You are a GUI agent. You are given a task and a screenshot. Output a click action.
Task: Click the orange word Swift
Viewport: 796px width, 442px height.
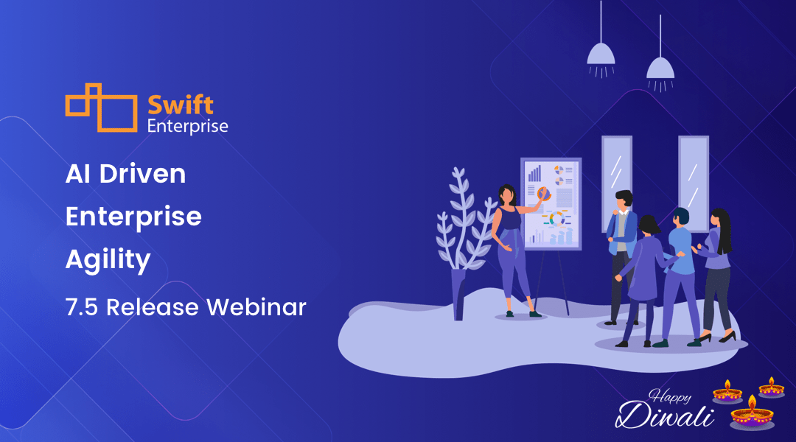[181, 105]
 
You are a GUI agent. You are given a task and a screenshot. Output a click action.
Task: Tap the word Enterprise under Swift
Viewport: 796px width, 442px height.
[187, 127]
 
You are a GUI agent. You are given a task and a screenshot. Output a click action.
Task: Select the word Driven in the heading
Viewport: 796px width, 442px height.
[143, 174]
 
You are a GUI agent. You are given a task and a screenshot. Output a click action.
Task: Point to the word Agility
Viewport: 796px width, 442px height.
[108, 260]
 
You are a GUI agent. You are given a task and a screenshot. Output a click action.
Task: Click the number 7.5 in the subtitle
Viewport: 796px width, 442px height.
[82, 307]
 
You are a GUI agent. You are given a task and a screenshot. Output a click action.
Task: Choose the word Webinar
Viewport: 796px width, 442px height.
[256, 307]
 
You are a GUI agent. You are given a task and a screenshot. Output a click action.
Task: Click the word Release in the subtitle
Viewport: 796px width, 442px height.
[153, 307]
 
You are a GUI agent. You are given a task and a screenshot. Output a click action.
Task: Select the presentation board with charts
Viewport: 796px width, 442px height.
[551, 204]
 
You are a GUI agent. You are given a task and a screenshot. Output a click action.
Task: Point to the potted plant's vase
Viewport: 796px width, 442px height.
[458, 295]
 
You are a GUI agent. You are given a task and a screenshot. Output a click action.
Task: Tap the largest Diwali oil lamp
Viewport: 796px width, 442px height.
[752, 413]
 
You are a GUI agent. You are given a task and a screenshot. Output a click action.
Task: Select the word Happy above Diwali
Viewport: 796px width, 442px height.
[670, 396]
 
